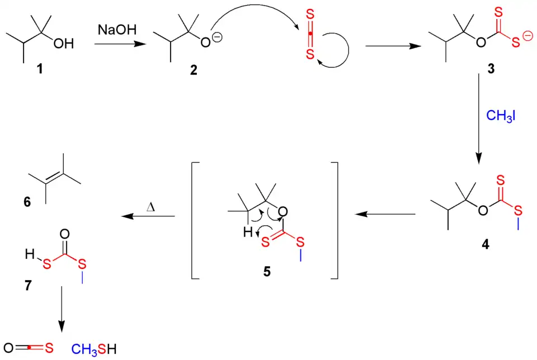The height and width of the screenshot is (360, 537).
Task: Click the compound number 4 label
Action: tap(485, 244)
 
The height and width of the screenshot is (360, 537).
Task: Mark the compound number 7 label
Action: tap(28, 284)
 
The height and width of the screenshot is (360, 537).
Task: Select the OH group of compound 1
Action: tap(64, 44)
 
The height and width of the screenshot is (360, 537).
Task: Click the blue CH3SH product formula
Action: tap(95, 349)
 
